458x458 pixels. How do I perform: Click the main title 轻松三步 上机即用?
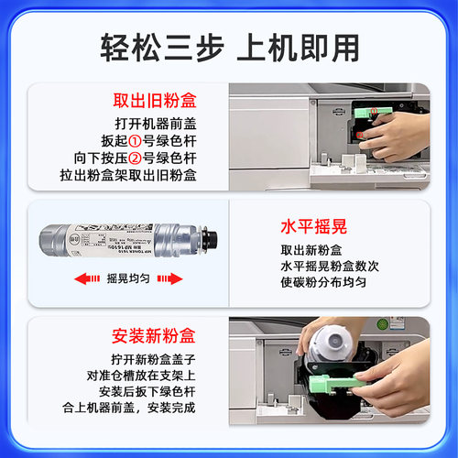228,46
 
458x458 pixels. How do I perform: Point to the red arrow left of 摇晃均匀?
88,277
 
